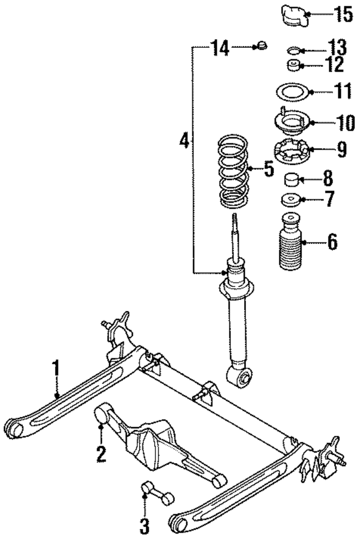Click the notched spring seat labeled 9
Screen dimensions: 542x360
292,152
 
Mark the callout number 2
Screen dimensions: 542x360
101,453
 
